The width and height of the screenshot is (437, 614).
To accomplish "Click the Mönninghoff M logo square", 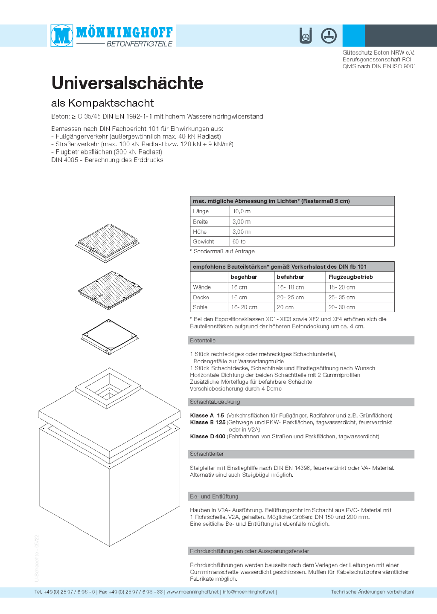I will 62,35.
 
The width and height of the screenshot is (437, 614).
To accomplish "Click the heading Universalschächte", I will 127,83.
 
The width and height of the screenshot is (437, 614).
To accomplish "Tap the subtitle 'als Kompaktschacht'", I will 102,103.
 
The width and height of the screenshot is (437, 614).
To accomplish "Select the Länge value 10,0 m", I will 242,211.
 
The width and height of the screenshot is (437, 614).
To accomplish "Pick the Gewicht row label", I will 204,242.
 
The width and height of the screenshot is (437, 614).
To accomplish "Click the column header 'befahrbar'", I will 290,277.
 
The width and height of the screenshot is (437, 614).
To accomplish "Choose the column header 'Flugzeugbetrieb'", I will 350,277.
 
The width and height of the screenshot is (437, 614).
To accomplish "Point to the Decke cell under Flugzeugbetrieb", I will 341,298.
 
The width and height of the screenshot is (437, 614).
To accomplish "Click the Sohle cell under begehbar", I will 244,307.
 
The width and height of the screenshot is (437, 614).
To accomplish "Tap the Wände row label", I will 202,287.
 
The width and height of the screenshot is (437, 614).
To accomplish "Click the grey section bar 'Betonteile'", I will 301,340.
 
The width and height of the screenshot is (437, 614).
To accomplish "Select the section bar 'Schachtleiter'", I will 301,454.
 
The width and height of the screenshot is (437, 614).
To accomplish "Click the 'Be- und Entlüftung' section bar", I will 301,496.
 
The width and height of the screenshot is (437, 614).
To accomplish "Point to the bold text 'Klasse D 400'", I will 207,437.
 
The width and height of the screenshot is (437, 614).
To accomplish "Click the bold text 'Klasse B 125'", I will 207,423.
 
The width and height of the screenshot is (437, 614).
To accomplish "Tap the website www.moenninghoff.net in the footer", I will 192,592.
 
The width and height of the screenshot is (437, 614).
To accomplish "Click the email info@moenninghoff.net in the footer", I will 248,592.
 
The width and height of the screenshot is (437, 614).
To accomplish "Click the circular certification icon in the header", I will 329,36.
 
